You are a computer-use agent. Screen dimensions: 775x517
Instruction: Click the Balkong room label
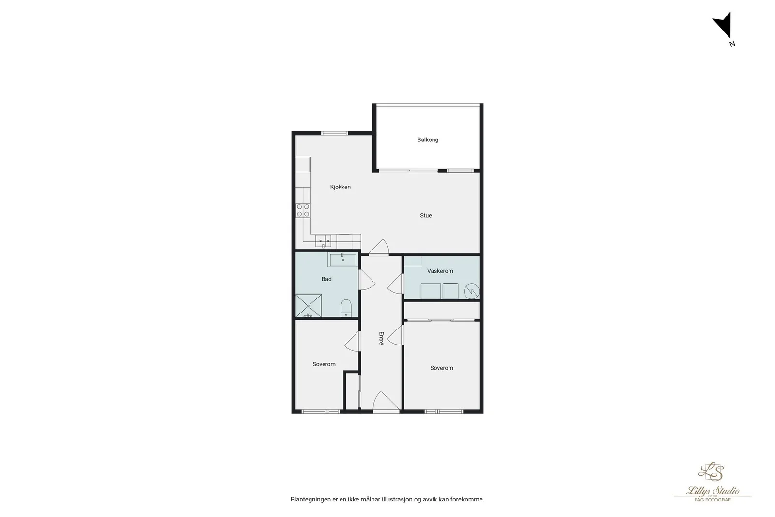tap(428, 140)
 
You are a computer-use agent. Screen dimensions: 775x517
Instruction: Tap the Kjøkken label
tap(341, 187)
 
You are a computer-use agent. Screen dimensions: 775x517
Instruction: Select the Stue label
tap(426, 215)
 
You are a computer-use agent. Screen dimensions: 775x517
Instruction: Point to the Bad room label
tap(326, 279)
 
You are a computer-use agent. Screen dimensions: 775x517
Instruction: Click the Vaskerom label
tap(440, 271)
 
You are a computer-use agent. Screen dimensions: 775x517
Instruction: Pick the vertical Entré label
tap(381, 338)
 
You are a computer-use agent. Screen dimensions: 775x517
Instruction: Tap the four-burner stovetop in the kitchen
tap(303, 210)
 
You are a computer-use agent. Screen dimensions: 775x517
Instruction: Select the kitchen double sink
tap(323, 241)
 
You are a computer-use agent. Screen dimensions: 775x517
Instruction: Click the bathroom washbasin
tap(342, 260)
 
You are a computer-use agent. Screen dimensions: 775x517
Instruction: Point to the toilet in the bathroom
tap(346, 308)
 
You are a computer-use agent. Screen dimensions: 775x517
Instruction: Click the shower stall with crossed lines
tap(308, 306)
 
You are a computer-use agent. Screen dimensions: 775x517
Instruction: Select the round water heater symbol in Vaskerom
tap(472, 291)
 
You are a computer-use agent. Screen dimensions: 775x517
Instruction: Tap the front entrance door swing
tap(386, 402)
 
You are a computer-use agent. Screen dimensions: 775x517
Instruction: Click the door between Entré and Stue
tap(378, 248)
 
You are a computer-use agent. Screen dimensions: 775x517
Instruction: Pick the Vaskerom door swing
tap(396, 284)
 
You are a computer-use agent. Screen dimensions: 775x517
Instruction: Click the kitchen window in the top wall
tap(334, 133)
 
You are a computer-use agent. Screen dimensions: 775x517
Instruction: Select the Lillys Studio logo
tap(713, 482)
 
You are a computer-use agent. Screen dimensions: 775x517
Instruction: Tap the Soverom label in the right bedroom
tap(441, 368)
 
